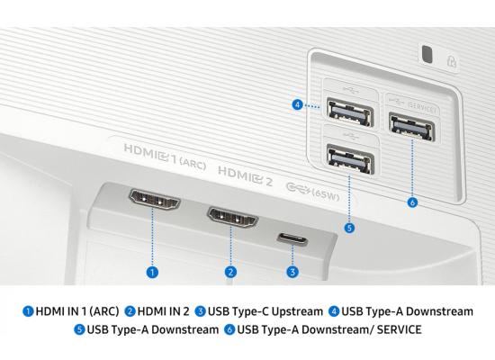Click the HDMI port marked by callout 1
(x=155, y=200)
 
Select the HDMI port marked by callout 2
(x=233, y=217)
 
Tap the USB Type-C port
(x=292, y=238)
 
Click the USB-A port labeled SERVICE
(x=411, y=127)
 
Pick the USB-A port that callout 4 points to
(x=350, y=112)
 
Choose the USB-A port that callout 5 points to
(x=350, y=158)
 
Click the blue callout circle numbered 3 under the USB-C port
(x=292, y=272)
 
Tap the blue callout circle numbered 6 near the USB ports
(x=412, y=202)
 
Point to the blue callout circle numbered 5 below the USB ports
(x=349, y=228)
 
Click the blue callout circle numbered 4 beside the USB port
(x=297, y=104)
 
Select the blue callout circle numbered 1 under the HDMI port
(x=152, y=272)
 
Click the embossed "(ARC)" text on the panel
(x=193, y=164)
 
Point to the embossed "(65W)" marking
(x=326, y=194)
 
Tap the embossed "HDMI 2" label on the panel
(x=245, y=176)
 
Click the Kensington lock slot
(x=427, y=54)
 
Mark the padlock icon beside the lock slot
(x=452, y=61)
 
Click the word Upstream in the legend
(x=297, y=311)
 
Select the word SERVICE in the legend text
(x=399, y=329)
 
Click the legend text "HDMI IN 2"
(x=163, y=311)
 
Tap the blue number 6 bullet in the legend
(x=229, y=329)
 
